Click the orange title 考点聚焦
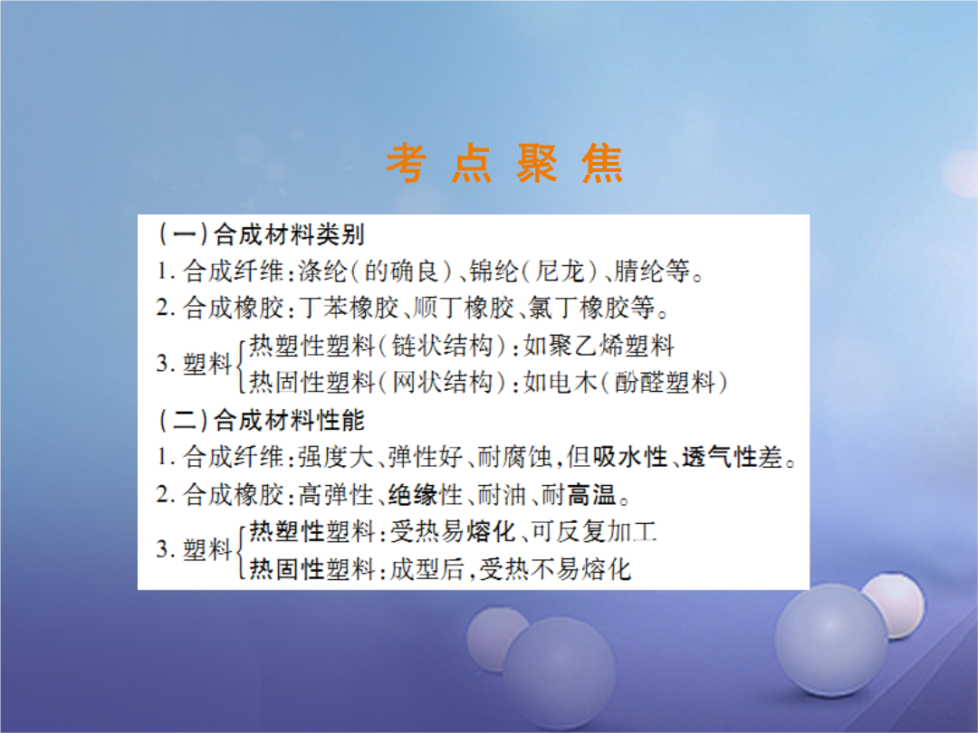tap(504, 163)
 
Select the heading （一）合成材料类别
tap(261, 234)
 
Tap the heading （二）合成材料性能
tap(261, 420)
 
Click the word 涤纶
tap(322, 271)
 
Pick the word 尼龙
tap(561, 271)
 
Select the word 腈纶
tap(639, 271)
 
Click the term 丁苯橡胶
tap(348, 308)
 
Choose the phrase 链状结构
tap(442, 346)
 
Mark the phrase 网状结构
tap(442, 382)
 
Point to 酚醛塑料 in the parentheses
tap(665, 382)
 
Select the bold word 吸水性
tap(630, 457)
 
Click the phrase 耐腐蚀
tap(514, 457)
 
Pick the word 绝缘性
tap(426, 495)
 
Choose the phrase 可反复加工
tap(594, 532)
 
